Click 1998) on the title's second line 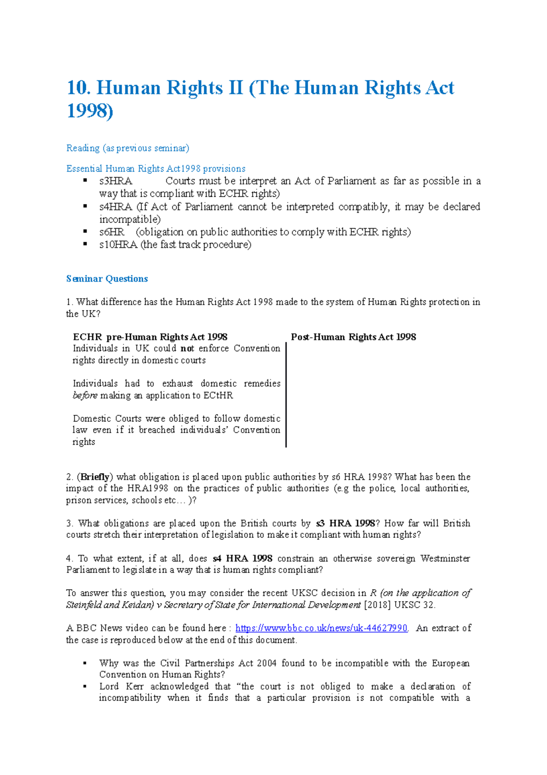(x=90, y=111)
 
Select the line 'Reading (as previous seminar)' (x=128, y=148)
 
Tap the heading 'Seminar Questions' (x=107, y=278)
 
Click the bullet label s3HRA (x=116, y=181)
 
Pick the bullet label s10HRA (x=118, y=245)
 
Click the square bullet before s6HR (x=85, y=232)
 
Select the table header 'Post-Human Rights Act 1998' (x=353, y=337)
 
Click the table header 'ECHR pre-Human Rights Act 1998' (x=150, y=337)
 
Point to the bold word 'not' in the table (x=187, y=348)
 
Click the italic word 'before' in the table (x=85, y=395)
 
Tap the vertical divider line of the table (x=286, y=395)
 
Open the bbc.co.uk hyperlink (x=321, y=628)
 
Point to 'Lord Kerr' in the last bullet (x=121, y=686)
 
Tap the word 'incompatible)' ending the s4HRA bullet (x=130, y=220)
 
